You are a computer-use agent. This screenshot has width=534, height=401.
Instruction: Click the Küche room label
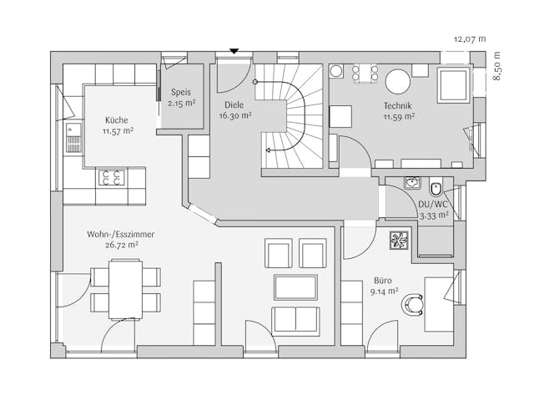[117, 119]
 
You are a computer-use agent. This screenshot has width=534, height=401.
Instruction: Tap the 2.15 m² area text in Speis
[181, 104]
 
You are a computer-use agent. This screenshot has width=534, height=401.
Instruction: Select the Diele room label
[234, 105]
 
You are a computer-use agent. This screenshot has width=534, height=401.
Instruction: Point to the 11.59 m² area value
[398, 117]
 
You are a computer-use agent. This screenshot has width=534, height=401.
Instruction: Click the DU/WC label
[434, 204]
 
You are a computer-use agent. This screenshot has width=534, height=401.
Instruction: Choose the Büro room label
[384, 282]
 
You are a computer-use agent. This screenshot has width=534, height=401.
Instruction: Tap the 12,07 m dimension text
[469, 38]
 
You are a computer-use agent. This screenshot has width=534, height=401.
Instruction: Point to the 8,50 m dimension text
[497, 65]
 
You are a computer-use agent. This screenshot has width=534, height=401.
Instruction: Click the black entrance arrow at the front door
[234, 52]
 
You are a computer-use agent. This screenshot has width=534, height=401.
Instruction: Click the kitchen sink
[73, 138]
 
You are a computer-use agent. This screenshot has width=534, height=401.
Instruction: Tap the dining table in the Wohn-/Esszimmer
[125, 289]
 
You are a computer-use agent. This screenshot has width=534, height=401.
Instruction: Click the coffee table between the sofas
[295, 287]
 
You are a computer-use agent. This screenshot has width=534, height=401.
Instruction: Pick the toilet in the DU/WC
[436, 188]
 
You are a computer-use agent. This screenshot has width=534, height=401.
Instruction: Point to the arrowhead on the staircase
[269, 150]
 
